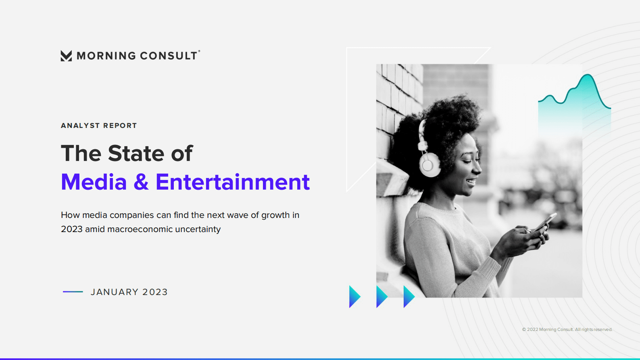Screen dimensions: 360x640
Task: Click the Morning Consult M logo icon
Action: [66, 56]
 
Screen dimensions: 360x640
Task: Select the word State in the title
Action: [136, 153]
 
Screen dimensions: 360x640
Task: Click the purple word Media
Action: [94, 182]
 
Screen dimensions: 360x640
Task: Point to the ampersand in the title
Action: [141, 182]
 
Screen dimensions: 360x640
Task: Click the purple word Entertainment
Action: [233, 182]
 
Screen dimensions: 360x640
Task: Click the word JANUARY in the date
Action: [115, 292]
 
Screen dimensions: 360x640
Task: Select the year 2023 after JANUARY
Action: [155, 292]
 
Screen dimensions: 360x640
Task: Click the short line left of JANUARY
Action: [73, 291]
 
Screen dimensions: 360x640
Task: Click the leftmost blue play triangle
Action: [354, 297]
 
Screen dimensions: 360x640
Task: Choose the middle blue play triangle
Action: [381, 297]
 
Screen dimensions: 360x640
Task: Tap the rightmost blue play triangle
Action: [409, 297]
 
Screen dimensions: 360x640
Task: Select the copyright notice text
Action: [567, 329]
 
